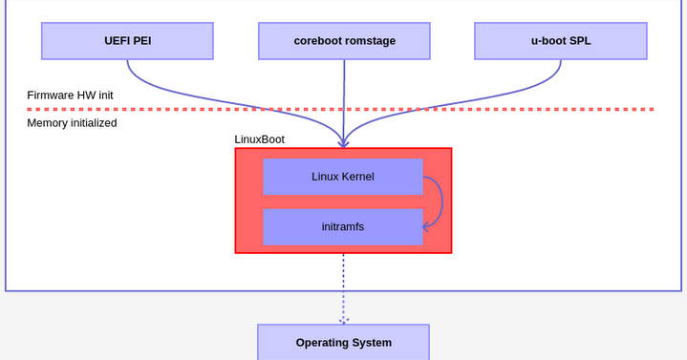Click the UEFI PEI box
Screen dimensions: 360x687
[x=127, y=41]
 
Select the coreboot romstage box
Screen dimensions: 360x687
[x=344, y=41]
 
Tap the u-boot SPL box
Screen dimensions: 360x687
[x=560, y=41]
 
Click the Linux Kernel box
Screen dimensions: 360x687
[x=342, y=177]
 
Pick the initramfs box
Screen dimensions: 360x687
[x=342, y=227]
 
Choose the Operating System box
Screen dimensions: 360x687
[x=343, y=342]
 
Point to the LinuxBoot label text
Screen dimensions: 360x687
[x=259, y=139]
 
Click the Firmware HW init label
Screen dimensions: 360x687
[x=70, y=95]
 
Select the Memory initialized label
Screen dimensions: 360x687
[x=72, y=123]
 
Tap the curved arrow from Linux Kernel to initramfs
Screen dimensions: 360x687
[x=440, y=201]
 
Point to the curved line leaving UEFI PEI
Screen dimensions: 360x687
[x=191, y=95]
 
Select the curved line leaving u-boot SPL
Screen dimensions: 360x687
[x=497, y=95]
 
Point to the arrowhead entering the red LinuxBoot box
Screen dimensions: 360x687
[x=343, y=144]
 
